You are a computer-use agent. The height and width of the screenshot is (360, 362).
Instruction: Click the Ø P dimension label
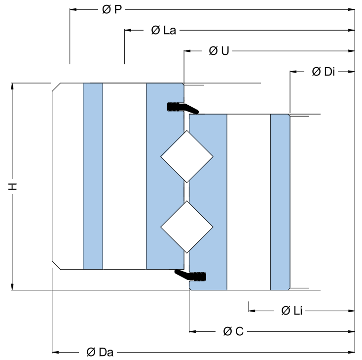pyautogui.click(x=112, y=10)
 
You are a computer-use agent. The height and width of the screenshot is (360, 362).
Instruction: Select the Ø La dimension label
pyautogui.click(x=163, y=30)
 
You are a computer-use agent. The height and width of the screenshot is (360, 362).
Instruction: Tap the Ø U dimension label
pyautogui.click(x=219, y=51)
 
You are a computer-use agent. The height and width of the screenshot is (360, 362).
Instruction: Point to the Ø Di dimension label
pyautogui.click(x=323, y=72)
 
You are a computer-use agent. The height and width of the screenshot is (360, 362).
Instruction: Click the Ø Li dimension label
pyautogui.click(x=292, y=311)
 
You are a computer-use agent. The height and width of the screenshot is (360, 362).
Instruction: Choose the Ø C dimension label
pyautogui.click(x=233, y=331)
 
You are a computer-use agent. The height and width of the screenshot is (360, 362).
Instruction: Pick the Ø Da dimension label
pyautogui.click(x=100, y=352)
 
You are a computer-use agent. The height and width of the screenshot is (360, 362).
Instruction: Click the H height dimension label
pyautogui.click(x=13, y=186)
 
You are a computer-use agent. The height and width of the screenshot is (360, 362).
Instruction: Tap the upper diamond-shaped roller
pyautogui.click(x=187, y=157)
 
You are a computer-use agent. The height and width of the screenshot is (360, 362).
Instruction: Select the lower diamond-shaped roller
pyautogui.click(x=187, y=227)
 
